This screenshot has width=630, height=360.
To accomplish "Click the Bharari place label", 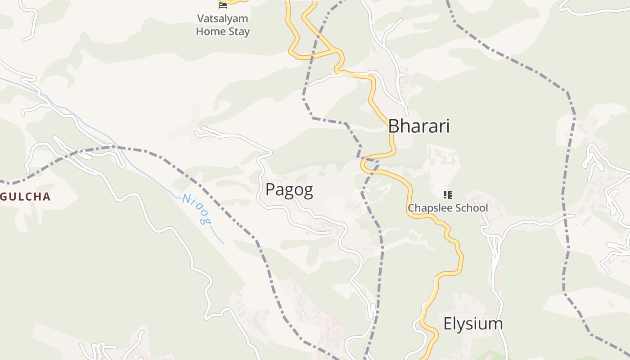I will [x=419, y=126].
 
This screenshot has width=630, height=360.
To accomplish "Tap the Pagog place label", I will [x=289, y=190].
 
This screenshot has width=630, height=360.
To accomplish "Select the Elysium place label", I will [x=473, y=324].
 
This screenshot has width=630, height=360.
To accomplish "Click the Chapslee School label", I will [x=447, y=208].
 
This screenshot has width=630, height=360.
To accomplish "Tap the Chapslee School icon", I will [x=447, y=194].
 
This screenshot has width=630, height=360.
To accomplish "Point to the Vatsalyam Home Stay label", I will [x=223, y=25].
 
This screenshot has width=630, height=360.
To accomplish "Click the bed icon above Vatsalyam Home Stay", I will [x=223, y=4].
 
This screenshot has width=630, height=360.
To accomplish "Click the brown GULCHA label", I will [x=26, y=197].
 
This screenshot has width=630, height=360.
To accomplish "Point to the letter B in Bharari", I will [x=394, y=126].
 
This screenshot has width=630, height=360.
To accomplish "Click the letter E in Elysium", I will [x=448, y=324].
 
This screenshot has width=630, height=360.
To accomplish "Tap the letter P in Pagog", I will [x=270, y=190].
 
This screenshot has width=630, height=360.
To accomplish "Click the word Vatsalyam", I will [x=223, y=19].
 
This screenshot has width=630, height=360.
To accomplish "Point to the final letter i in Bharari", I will [x=448, y=126].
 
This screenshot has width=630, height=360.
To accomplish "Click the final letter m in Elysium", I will [x=496, y=324].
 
